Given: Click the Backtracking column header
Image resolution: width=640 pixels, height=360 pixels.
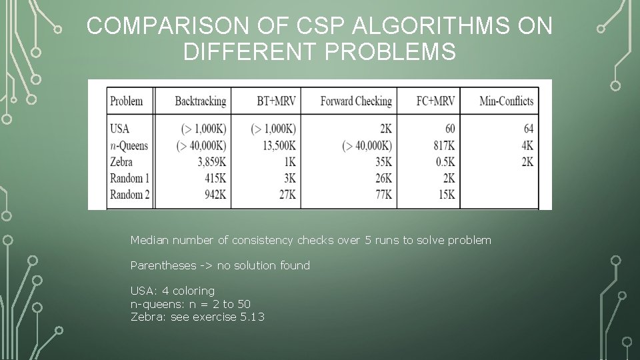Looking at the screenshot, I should (200, 101).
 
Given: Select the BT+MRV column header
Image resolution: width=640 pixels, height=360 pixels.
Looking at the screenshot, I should (276, 101).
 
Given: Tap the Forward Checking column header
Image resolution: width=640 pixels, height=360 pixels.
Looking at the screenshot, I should (356, 101).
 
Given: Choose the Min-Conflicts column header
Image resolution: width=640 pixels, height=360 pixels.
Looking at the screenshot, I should (507, 101).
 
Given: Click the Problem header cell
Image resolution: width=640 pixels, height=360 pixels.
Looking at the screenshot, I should (127, 101).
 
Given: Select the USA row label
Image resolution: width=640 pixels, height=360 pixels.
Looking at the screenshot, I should (120, 129).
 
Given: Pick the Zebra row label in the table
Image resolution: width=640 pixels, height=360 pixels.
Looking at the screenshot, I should (122, 162).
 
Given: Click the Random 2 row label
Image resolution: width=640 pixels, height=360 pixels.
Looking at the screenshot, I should (130, 195).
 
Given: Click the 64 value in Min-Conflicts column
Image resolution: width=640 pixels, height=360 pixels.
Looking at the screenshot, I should (528, 129).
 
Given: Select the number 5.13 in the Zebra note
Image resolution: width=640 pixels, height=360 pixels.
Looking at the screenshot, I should (252, 317).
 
